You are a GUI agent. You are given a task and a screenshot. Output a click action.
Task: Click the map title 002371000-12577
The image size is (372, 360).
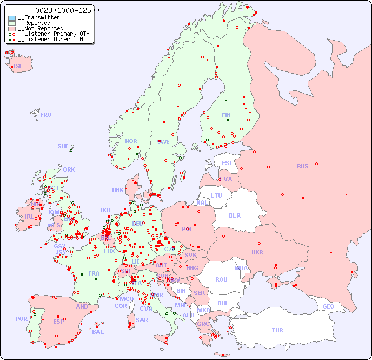(x=67, y=10)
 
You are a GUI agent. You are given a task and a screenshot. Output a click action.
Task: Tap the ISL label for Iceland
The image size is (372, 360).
(x=18, y=67)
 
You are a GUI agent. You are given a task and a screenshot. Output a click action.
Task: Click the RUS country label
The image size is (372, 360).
(x=302, y=166)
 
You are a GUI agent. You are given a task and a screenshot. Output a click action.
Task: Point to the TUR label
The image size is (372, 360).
(x=277, y=330)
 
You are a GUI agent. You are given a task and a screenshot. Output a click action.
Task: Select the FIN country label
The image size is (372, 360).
(x=226, y=115)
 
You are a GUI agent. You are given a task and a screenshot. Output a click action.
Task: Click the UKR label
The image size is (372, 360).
(x=257, y=252)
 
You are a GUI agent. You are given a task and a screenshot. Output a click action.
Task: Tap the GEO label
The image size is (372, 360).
(x=328, y=306)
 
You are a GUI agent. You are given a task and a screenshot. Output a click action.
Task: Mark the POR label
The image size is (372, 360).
(x=21, y=319)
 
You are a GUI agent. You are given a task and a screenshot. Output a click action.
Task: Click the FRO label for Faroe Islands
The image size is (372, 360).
(x=45, y=115)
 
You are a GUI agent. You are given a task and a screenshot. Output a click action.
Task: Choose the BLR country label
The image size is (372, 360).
(x=234, y=215)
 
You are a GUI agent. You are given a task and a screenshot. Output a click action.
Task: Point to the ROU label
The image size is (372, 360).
(x=221, y=279)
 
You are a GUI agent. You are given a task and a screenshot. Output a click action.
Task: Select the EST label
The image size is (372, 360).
(x=227, y=163)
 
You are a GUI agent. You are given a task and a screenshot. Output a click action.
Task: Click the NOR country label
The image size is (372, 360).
(x=131, y=141)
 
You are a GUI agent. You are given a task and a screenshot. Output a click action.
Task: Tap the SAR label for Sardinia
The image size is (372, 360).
(x=142, y=320)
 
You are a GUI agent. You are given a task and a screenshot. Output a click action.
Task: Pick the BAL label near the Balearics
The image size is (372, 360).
(x=97, y=332)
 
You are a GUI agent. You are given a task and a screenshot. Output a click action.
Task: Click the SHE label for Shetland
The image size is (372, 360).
(x=63, y=146)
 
